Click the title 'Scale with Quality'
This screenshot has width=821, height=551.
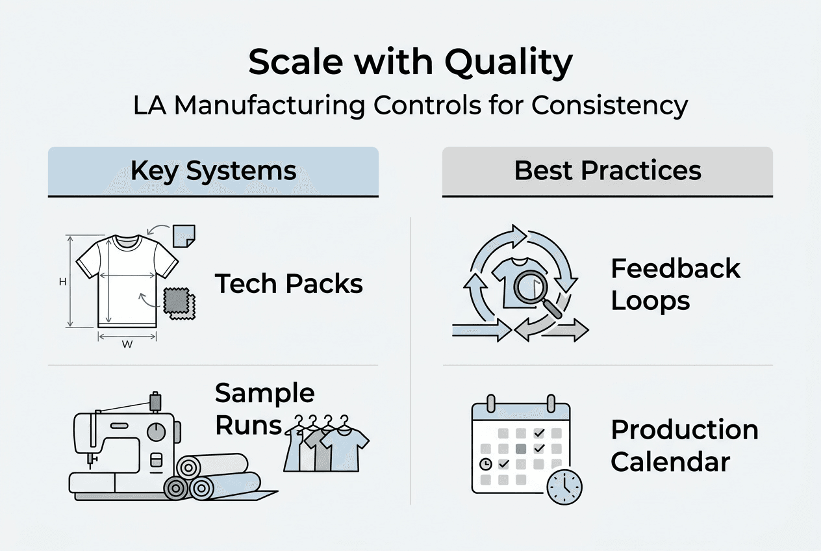coord(410,62)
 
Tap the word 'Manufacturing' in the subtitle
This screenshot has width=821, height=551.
coord(270,105)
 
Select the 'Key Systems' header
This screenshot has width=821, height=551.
coord(213,171)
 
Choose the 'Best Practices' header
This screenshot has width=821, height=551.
coord(607,171)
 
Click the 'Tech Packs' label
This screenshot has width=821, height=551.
coord(288,284)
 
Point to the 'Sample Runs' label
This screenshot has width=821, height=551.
coord(264,409)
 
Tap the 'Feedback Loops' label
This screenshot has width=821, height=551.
coord(676,285)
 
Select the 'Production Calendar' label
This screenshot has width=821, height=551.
coord(685,446)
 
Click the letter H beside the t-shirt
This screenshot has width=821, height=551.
coord(63,282)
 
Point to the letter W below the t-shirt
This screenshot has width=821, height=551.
coord(127,345)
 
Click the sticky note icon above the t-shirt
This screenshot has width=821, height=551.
coord(184,235)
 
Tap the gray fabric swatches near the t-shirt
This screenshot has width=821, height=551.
coord(177,303)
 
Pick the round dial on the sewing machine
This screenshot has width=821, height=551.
coord(156,432)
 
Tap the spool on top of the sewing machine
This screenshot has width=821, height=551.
coord(155,401)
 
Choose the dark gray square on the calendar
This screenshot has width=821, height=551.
coord(520,448)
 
